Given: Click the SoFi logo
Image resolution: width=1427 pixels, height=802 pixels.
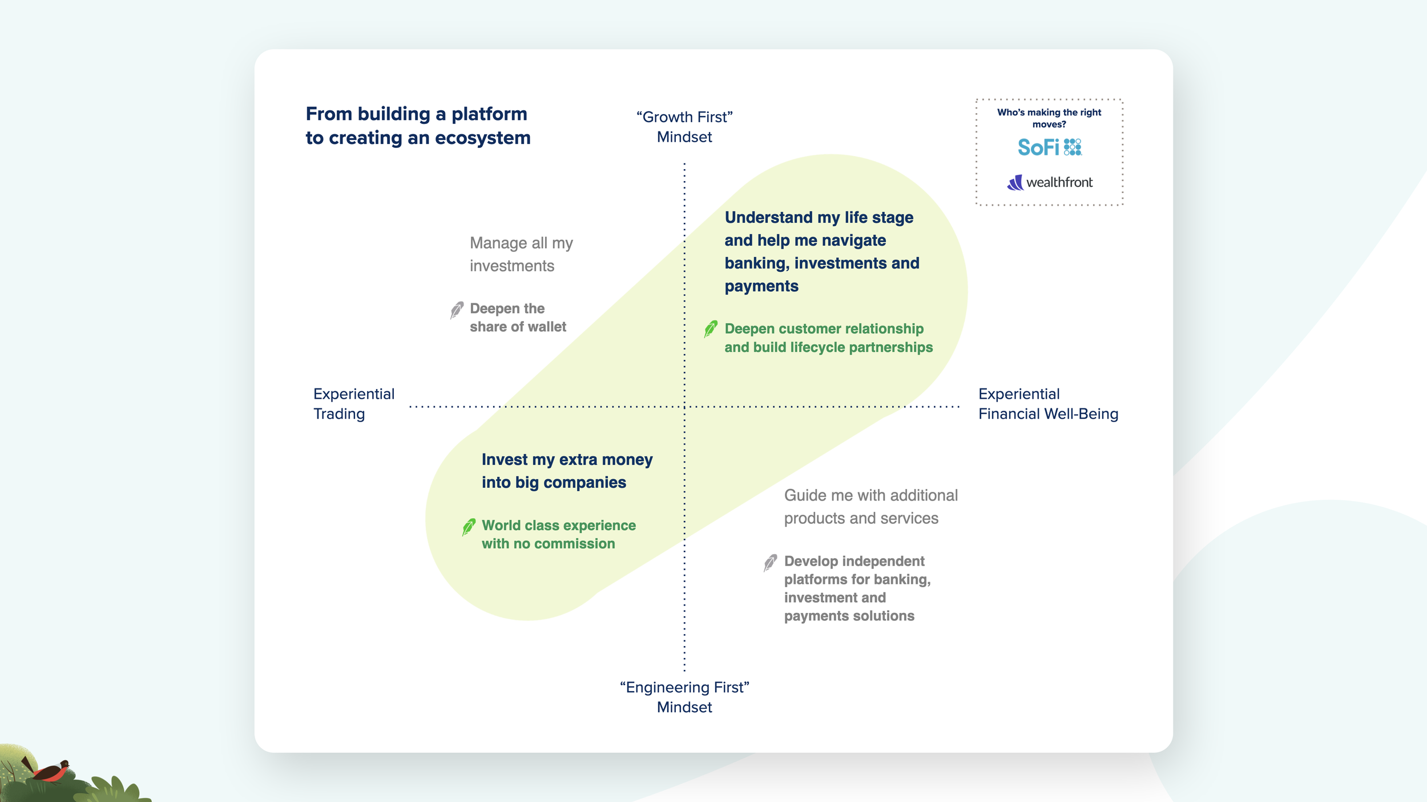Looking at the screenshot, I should pos(1049,147).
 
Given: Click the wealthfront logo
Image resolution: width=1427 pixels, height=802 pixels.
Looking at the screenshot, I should pos(1050,182).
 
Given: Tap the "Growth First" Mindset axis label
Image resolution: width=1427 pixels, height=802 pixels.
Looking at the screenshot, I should pos(684,127).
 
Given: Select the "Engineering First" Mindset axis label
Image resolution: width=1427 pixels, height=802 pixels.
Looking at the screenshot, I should pos(684,697).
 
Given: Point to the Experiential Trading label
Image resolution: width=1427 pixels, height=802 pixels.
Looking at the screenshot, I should pos(353,404).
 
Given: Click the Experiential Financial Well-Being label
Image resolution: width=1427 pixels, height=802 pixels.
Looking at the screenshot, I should pos(1048,404).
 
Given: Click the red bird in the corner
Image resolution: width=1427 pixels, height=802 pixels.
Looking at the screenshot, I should pos(52,772).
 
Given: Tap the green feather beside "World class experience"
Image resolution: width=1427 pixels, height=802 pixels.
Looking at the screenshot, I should pos(469,527).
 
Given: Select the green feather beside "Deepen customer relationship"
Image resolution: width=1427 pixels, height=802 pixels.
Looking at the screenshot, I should pos(710,329).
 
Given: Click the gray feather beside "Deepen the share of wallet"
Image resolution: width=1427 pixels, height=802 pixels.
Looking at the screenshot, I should pos(457,310).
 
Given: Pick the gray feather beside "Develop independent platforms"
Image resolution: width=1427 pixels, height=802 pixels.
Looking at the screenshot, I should pos(770,563).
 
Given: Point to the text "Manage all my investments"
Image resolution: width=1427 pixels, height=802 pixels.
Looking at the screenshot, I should pos(521,254).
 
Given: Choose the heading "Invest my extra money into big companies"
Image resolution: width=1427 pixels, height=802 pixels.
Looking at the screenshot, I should pos(566,471).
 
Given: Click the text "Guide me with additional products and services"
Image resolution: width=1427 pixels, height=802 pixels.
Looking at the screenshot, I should pos(870,507).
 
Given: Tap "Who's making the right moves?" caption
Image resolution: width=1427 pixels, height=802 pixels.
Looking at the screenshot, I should pos(1049,118).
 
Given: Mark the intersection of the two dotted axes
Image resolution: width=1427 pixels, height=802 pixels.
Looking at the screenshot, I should pos(684,407).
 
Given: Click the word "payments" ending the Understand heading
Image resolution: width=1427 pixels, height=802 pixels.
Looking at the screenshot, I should pos(761,286).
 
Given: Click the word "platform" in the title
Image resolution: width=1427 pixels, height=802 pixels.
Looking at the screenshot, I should pos(489,114).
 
